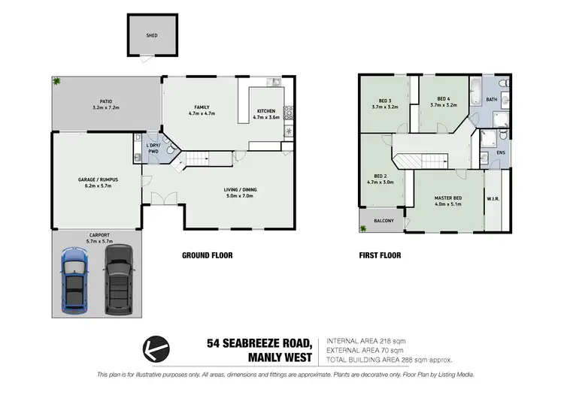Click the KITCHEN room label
266,111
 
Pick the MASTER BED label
448,198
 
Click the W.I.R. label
494,199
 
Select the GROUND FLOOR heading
208,255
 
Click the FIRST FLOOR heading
380,255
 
